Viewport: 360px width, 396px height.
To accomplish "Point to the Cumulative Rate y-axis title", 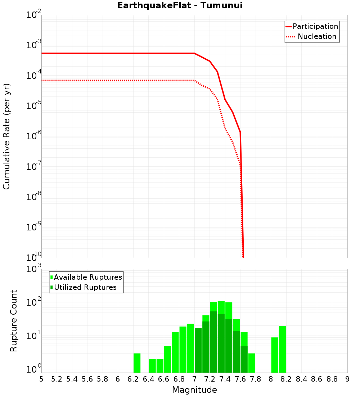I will [6, 136].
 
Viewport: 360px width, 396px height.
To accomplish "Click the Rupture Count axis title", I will [14, 321].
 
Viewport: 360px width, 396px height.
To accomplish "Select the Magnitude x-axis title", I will [194, 390].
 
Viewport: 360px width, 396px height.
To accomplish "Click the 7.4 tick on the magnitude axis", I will [225, 379].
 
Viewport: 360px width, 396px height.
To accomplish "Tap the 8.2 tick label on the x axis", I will [286, 379].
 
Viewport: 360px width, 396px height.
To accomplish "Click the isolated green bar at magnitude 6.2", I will [137, 363].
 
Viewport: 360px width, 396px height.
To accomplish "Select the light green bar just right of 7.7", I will [252, 363].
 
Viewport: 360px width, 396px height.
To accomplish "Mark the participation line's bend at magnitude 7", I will [194, 53].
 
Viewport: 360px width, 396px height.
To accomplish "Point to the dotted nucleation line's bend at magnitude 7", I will [194, 80].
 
